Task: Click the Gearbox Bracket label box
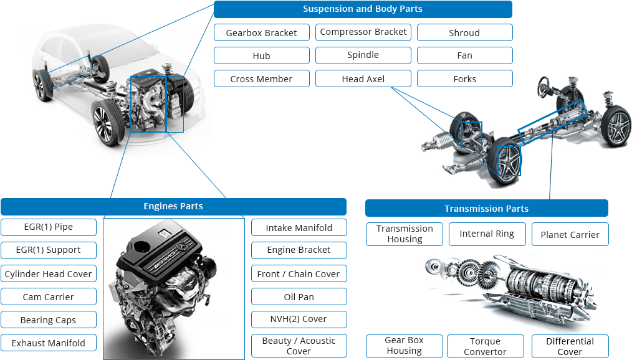[261, 33]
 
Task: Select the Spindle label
[363, 55]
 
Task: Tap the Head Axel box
[363, 79]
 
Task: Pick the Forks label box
[464, 79]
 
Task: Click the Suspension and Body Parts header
[362, 9]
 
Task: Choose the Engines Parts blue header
[173, 207]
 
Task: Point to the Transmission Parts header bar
[486, 209]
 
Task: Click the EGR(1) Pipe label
[49, 227]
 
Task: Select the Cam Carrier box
[49, 297]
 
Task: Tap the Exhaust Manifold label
[49, 343]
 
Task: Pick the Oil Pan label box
[299, 297]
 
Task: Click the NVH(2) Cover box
[299, 320]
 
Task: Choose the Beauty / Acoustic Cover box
[299, 346]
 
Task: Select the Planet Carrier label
[570, 235]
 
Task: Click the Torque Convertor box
[485, 346]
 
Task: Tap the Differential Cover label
[570, 346]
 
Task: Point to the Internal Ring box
[487, 234]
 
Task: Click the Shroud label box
[464, 33]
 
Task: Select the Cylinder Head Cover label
[49, 274]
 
